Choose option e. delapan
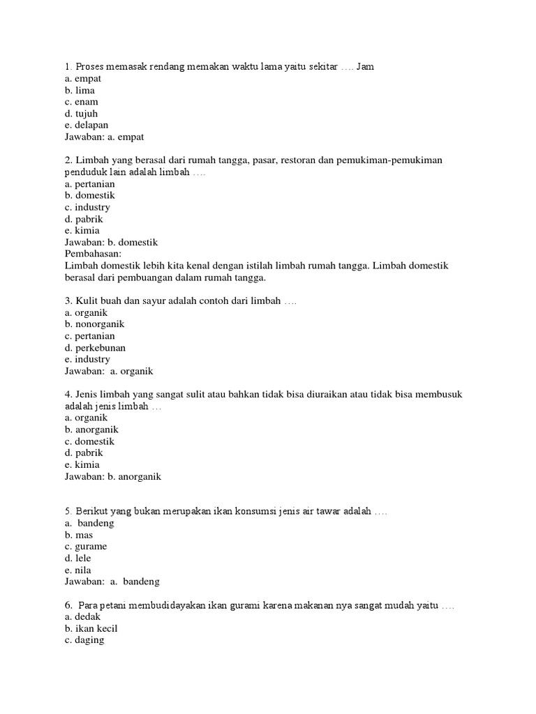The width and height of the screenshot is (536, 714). pos(87,126)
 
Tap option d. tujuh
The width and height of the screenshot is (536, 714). pos(81,114)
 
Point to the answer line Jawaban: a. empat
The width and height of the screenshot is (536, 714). pos(104,137)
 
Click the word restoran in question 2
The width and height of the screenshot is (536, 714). pos(297,160)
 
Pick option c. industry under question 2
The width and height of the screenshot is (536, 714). pos(87,207)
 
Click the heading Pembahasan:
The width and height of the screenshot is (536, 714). pos(93,254)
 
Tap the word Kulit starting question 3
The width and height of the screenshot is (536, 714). pos(85,301)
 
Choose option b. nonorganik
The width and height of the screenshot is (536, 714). pos(94,324)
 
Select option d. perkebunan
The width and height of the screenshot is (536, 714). pos(95,347)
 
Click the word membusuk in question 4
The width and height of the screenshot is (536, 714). pos(437,395)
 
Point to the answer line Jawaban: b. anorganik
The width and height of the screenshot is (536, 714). pos(113,476)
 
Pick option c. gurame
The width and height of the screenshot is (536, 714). pos(86,547)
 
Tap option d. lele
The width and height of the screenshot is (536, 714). pos(78,558)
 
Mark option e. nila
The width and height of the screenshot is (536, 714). pos(78,570)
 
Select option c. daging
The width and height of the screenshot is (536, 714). pos(84,640)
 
